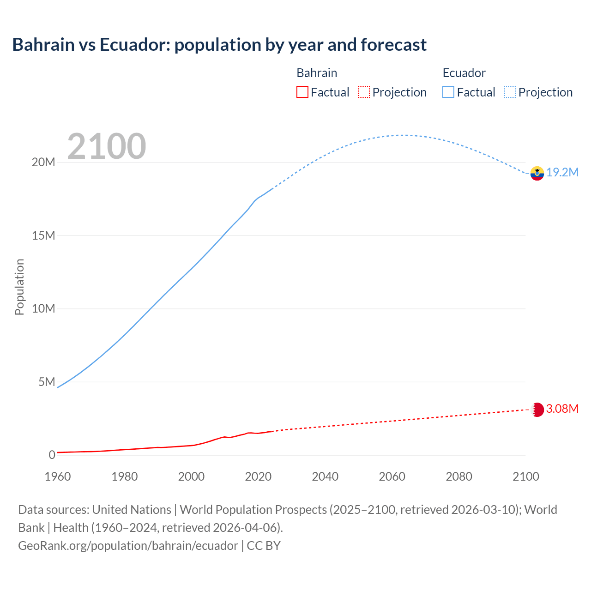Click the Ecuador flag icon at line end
[x=537, y=173]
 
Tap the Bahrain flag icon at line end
[x=537, y=410]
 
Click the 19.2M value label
[x=562, y=173]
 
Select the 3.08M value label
[x=562, y=409]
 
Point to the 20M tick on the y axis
[x=43, y=163]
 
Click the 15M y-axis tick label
[x=43, y=236]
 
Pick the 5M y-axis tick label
[x=47, y=382]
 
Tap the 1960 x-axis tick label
[x=58, y=476]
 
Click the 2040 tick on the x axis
[x=325, y=476]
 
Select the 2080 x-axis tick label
[x=459, y=476]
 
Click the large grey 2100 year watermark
[x=107, y=146]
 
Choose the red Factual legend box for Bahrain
[x=302, y=92]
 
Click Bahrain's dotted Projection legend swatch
[x=364, y=92]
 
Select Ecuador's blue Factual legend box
[x=448, y=92]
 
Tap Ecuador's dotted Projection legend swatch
[x=510, y=92]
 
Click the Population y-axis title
[x=19, y=287]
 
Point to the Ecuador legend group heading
[x=464, y=73]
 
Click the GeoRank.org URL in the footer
[x=128, y=546]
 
